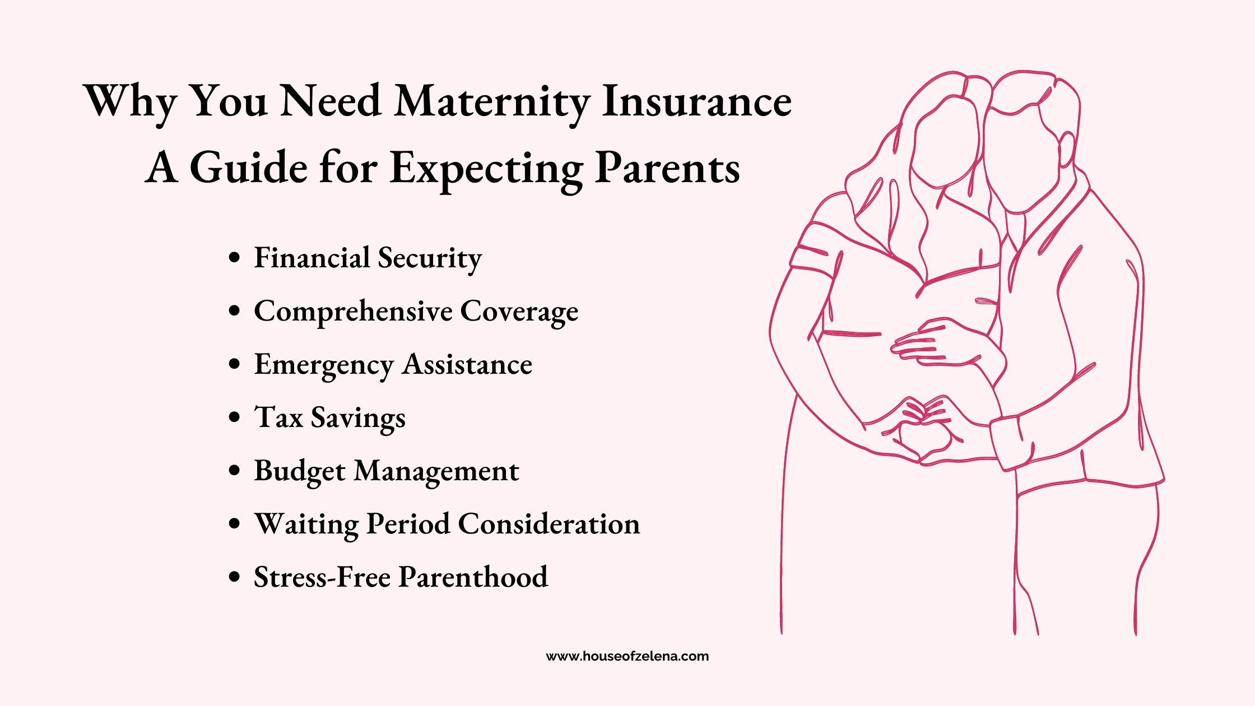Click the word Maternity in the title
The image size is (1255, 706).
(x=492, y=103)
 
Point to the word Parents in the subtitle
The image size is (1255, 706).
(x=667, y=168)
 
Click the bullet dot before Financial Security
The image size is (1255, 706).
(x=235, y=258)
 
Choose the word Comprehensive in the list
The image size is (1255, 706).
(x=353, y=312)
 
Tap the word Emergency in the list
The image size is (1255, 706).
(x=324, y=365)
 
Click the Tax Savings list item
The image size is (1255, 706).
(x=330, y=418)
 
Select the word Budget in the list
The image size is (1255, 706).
(x=300, y=471)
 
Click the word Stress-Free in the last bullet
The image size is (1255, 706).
(x=322, y=577)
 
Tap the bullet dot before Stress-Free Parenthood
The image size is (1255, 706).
(x=235, y=577)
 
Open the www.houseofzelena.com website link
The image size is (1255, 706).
(x=627, y=656)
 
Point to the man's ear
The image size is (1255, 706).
(x=1066, y=150)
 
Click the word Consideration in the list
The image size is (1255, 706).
(x=549, y=524)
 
